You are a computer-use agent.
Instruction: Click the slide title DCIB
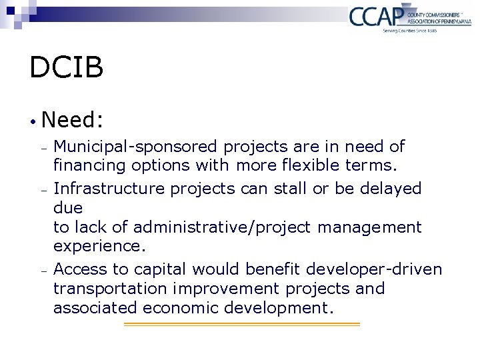click(x=67, y=67)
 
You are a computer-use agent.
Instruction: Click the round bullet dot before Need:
click(x=32, y=121)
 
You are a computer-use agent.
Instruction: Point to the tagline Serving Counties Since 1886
click(x=409, y=31)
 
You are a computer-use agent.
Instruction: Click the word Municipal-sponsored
click(x=135, y=147)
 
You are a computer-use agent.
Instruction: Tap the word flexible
click(x=303, y=164)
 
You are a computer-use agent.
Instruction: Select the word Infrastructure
click(x=110, y=189)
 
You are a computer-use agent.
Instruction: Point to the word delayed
click(x=391, y=189)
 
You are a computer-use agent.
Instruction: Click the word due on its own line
click(x=68, y=208)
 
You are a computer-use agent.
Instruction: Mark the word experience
click(x=99, y=246)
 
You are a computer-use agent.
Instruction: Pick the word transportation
click(x=111, y=289)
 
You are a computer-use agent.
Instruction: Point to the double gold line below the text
click(x=241, y=324)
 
